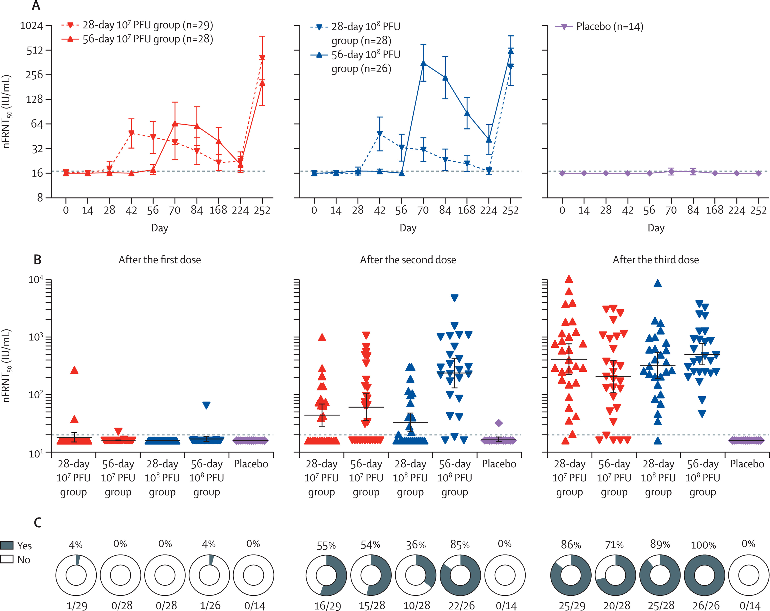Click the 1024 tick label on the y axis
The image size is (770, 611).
click(31, 26)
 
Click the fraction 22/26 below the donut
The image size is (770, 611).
click(461, 605)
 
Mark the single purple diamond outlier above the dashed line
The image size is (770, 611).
click(498, 423)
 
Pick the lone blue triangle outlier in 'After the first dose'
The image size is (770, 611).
click(206, 405)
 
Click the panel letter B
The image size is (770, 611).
click(37, 259)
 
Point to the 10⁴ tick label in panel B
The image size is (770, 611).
click(36, 279)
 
